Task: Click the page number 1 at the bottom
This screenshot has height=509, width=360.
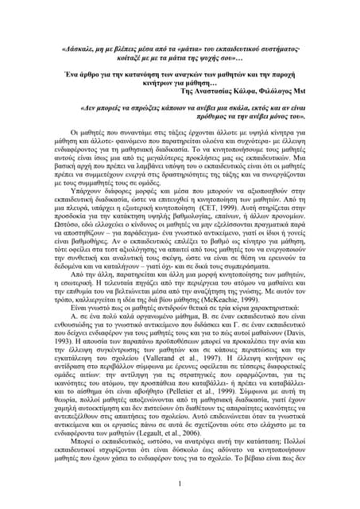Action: pos(180,483)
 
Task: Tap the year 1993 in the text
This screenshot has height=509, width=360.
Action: pos(61,311)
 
